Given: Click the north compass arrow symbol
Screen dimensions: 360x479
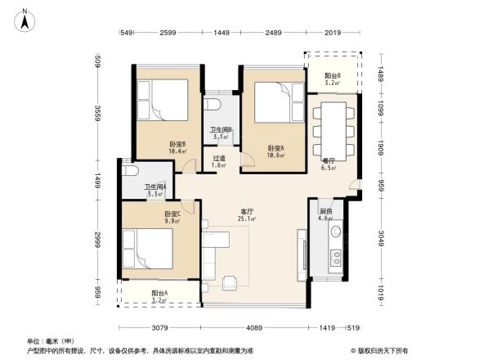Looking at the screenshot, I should (x=26, y=19).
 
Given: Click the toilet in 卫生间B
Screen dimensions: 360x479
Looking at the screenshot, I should (x=214, y=105).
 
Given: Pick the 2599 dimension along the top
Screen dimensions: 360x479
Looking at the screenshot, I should (x=168, y=32).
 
